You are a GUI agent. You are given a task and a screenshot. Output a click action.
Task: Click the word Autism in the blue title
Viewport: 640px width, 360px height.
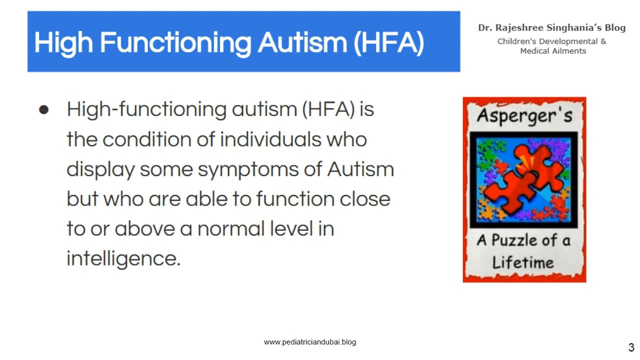tap(302, 42)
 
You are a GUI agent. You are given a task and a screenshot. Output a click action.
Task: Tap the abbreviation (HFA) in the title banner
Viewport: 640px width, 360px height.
tap(388, 42)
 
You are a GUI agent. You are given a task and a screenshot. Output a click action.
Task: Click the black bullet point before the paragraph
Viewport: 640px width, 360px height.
tap(44, 109)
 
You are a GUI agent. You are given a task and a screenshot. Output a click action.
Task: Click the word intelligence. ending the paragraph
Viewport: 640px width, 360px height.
tap(123, 258)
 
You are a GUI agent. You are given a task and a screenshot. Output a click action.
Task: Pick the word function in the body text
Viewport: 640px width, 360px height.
tap(294, 199)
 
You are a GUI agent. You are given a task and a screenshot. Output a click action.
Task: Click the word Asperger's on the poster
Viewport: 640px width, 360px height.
tap(524, 115)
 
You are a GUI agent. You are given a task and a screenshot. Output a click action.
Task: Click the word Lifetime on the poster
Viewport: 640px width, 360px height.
tap(523, 262)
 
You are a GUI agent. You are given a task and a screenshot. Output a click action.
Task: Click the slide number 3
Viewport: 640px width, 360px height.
tap(631, 347)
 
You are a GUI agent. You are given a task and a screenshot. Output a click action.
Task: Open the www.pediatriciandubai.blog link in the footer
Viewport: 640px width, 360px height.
tap(309, 342)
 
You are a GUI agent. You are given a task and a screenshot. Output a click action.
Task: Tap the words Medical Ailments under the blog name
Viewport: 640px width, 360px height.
tap(553, 51)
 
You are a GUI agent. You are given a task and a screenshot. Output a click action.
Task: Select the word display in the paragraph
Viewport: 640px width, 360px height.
tap(100, 169)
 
